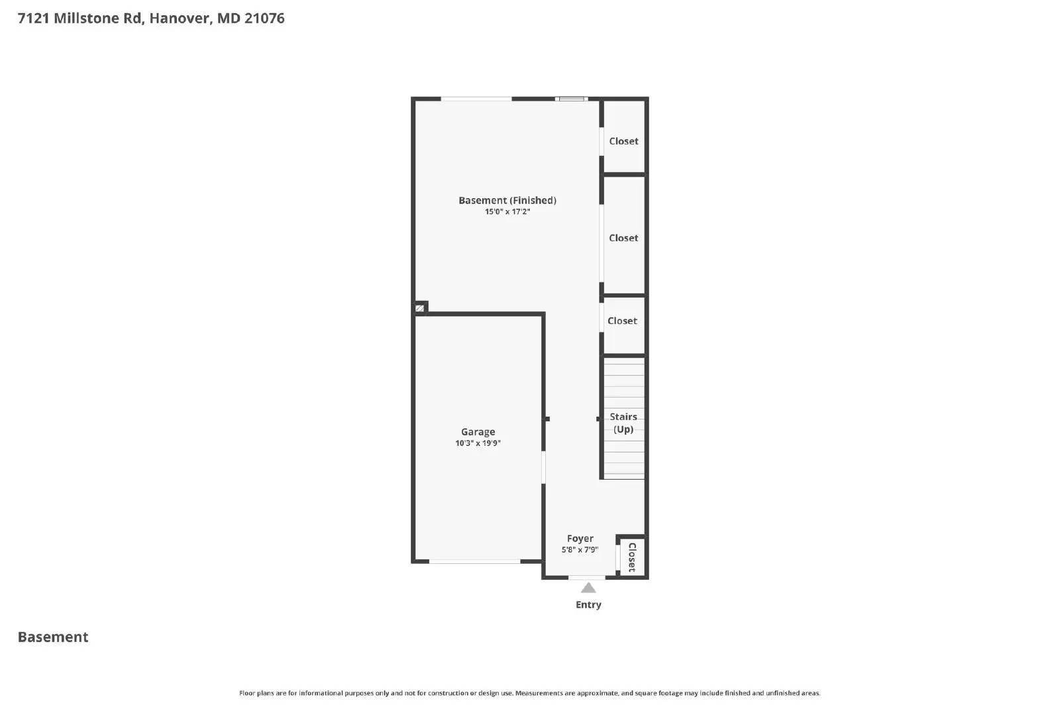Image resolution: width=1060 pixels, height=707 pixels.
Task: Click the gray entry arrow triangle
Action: point(588,588)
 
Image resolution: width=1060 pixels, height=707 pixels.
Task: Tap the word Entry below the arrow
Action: point(588,604)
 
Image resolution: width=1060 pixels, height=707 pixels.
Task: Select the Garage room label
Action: point(478,432)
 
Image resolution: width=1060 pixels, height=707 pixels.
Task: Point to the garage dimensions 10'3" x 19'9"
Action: point(478,443)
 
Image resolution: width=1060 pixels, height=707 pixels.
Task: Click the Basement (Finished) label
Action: point(507,200)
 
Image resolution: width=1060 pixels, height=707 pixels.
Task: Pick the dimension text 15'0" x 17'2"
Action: point(507,212)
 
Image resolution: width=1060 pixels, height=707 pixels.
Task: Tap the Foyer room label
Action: point(580,539)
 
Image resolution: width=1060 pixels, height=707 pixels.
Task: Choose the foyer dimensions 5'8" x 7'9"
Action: point(580,550)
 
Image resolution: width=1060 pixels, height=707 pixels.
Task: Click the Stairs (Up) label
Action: point(623,423)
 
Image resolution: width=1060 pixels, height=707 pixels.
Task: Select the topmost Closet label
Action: point(623,141)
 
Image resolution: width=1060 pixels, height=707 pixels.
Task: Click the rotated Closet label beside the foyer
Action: point(632,557)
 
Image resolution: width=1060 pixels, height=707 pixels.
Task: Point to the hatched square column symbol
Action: point(419,308)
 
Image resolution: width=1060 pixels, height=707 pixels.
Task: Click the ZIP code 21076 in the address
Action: point(264,18)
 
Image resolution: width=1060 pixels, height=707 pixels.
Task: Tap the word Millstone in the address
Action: point(87,18)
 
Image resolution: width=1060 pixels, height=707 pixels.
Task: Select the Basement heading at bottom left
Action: point(53,637)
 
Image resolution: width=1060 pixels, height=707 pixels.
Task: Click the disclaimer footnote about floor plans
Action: point(529,693)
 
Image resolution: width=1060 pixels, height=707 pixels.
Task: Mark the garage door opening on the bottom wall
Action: point(474,562)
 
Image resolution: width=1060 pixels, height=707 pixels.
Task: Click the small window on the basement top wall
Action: point(571,99)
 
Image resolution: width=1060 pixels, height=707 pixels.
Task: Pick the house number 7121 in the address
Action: point(33,18)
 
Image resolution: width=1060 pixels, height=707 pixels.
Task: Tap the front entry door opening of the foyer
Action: point(587,578)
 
